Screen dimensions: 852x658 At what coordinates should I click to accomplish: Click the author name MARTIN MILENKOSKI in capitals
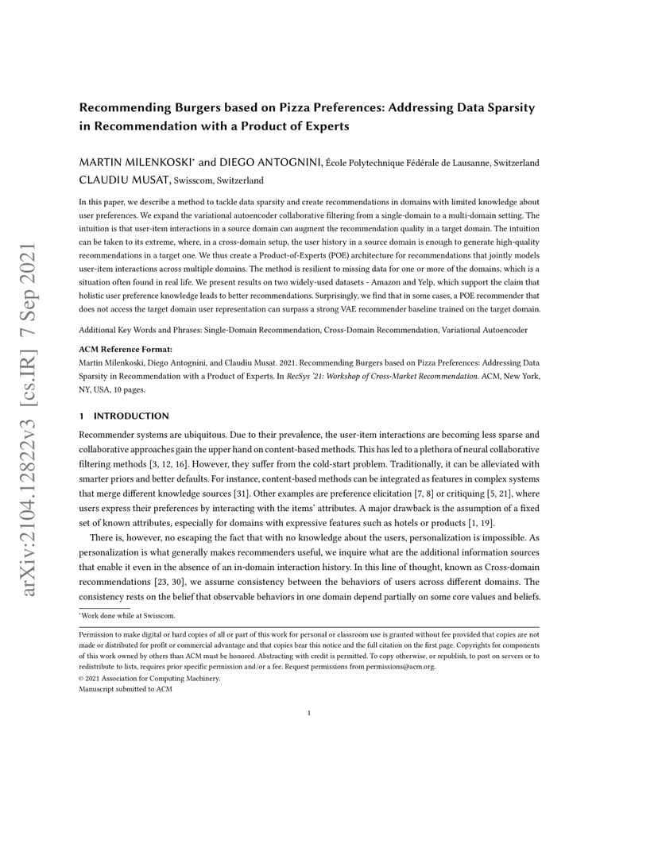[131, 163]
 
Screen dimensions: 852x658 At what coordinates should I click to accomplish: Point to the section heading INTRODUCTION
[131, 416]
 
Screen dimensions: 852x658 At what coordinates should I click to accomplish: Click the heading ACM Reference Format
[125, 349]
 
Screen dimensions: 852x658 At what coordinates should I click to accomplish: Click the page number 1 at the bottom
[309, 713]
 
